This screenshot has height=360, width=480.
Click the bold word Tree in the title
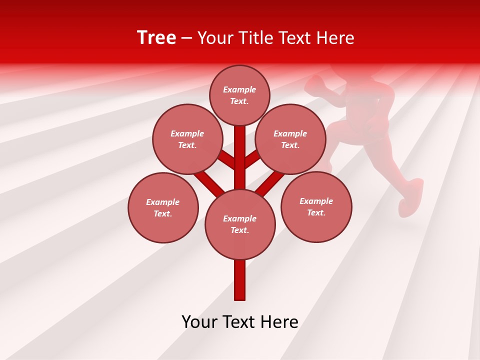coord(156,38)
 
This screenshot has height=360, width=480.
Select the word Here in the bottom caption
coord(279,322)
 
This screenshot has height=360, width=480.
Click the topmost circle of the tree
coord(239,95)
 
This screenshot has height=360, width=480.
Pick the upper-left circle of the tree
coord(187,139)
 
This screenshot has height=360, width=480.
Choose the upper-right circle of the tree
coord(290,139)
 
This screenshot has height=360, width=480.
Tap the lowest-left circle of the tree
coord(163,207)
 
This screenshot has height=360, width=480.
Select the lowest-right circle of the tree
coord(316,206)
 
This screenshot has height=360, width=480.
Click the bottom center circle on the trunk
coord(240,224)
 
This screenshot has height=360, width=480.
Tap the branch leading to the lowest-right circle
coord(270,182)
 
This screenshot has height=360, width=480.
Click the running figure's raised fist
coord(314,85)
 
